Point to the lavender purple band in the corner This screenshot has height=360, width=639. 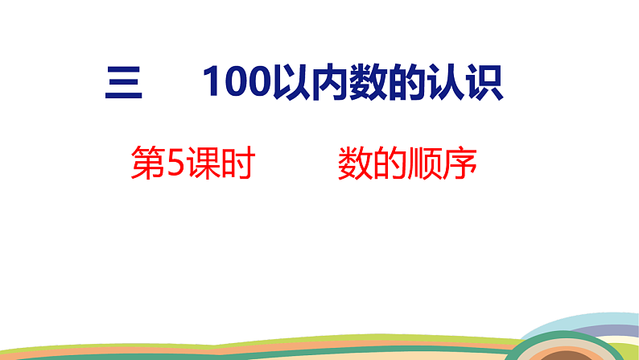(x=620, y=329)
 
